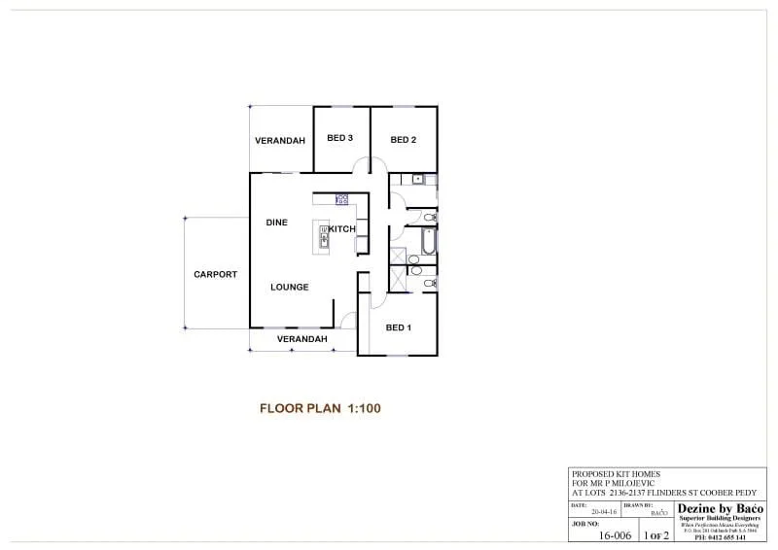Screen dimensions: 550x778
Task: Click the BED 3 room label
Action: pos(339,140)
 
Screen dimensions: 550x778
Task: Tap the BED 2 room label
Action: pos(404,140)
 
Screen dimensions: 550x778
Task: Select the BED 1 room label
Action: pos(399,327)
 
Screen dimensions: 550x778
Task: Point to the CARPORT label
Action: pos(215,275)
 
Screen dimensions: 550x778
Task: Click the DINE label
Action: pos(277,223)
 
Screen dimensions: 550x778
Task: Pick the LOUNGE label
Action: pos(290,288)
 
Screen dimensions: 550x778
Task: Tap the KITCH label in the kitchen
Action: pos(341,229)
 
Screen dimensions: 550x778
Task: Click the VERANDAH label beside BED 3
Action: pos(280,141)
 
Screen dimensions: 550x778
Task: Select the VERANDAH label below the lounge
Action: pos(301,339)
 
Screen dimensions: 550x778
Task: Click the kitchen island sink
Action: pos(324,233)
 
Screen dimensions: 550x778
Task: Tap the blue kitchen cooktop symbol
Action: pos(342,199)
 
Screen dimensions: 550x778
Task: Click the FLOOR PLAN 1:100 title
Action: pos(320,408)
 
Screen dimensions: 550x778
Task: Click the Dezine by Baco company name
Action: pos(721,508)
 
